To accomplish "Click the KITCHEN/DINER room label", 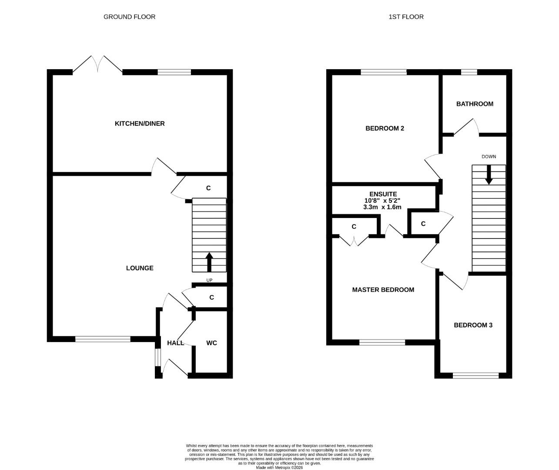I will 140,124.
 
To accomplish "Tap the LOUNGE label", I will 140,268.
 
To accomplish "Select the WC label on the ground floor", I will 211,343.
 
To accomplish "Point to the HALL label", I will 175,343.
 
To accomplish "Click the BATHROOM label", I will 475,104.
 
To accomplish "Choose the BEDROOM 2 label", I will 385,128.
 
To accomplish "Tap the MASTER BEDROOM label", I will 383,290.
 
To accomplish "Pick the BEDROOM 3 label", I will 473,325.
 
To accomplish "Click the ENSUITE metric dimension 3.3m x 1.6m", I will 382,207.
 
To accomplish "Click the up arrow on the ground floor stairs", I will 209,262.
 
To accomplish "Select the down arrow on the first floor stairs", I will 489,175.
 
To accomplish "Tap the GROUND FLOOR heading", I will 129,17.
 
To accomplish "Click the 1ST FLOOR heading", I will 406,17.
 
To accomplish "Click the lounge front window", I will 103,339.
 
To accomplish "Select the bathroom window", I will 469,72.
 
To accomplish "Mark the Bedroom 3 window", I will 475,376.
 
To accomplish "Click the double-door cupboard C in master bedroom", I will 354,227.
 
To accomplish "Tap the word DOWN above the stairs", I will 489,157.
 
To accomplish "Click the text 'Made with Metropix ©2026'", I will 279,468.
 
